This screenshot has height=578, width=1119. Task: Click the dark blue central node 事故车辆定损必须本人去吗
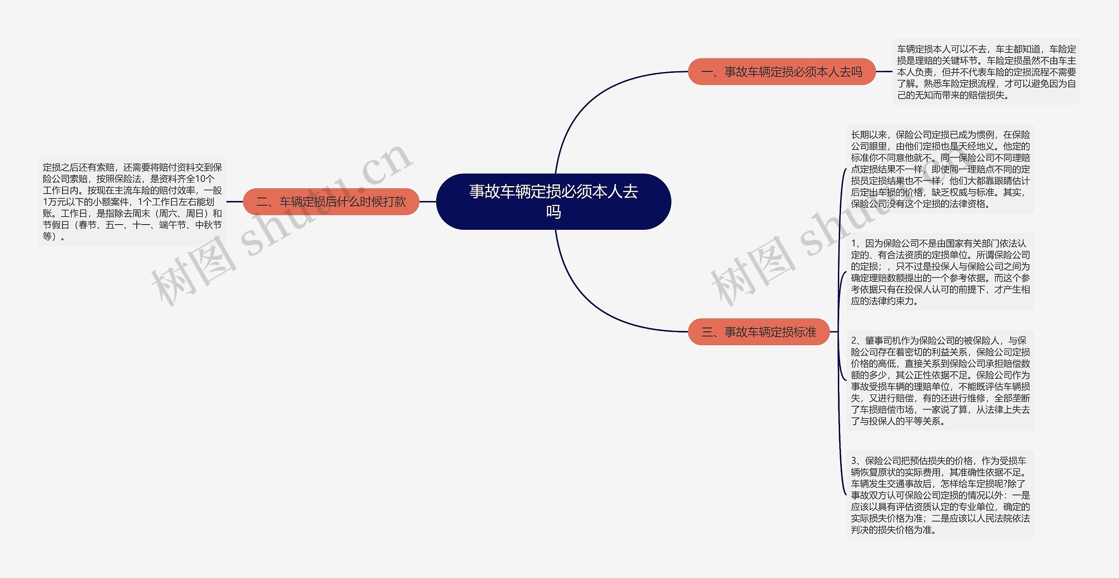[553, 201]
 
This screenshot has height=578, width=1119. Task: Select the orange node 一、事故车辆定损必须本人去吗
[782, 72]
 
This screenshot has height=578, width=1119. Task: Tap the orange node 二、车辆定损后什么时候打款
[331, 202]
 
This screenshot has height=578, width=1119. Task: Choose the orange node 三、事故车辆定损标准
[758, 332]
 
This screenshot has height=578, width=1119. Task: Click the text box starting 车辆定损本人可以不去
[986, 72]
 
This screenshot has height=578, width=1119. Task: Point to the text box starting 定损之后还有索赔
[132, 202]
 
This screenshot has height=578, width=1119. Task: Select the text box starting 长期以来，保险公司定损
[940, 169]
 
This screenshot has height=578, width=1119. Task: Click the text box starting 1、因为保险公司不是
[940, 272]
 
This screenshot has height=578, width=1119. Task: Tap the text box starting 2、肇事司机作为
[940, 381]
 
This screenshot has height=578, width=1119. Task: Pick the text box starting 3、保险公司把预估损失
[940, 495]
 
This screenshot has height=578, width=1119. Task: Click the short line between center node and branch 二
[427, 202]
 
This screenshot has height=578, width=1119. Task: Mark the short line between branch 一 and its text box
[884, 72]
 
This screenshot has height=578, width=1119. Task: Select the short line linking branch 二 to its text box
[234, 202]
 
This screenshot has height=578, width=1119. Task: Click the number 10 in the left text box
[200, 179]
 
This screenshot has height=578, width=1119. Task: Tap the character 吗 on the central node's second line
[553, 212]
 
